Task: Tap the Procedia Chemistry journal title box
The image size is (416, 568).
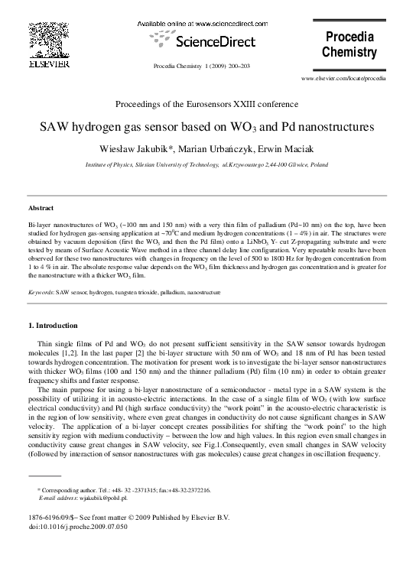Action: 350,45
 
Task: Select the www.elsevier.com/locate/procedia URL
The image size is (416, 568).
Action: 344,78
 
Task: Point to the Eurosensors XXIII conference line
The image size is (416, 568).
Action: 207,103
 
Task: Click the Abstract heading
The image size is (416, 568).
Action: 41,208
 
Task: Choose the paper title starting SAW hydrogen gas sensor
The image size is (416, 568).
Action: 207,125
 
